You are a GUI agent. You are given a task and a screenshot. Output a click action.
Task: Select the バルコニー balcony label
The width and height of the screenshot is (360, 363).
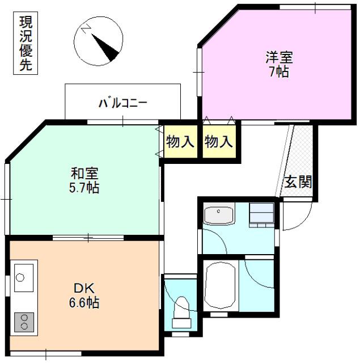(123, 103)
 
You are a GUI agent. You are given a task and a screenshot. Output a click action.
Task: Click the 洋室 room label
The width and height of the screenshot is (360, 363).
(278, 57)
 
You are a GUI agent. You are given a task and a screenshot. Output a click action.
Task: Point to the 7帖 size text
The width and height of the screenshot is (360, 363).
(278, 72)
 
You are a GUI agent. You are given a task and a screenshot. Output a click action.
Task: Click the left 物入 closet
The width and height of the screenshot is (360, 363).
(180, 142)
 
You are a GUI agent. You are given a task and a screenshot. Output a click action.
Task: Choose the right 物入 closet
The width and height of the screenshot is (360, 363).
(219, 142)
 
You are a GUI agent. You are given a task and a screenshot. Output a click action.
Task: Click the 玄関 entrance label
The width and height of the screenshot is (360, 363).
(298, 183)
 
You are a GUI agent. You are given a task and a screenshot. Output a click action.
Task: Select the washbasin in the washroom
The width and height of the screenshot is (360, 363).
(218, 215)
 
